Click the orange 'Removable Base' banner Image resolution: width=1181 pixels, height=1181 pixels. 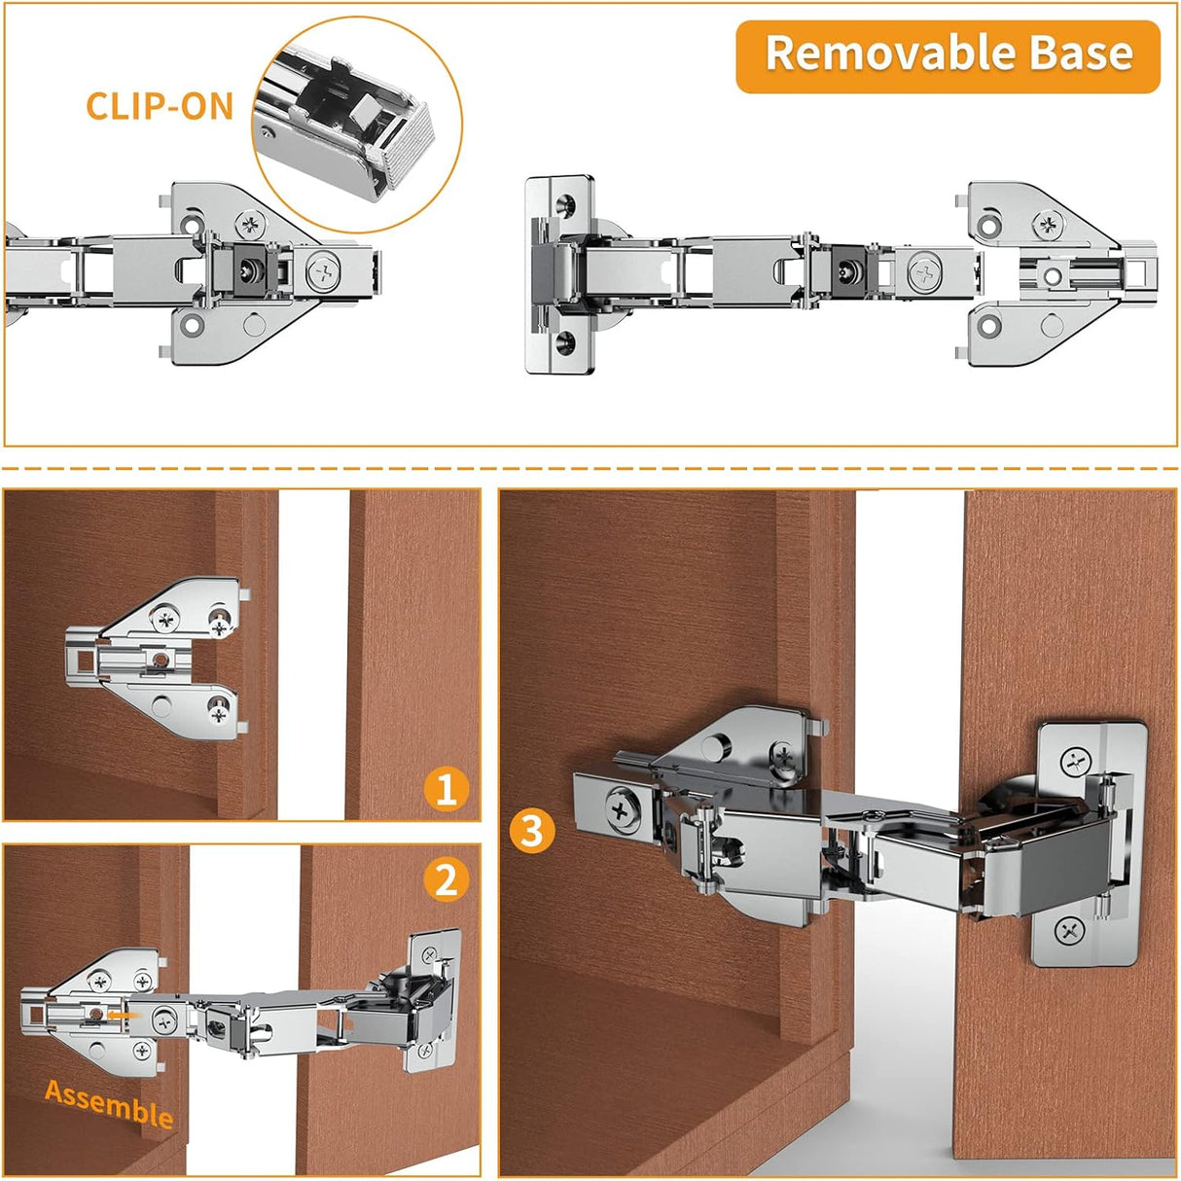point(948,55)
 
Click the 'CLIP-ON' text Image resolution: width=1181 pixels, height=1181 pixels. point(160,106)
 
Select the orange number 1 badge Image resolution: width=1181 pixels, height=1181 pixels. point(447,788)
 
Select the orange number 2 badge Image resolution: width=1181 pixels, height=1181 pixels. point(447,880)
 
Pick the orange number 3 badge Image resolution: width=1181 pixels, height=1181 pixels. point(532,832)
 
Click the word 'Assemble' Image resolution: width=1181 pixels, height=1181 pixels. point(109,1103)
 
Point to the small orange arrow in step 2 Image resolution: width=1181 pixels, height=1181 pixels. point(121,1015)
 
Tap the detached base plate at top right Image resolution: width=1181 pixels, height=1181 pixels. point(1056,273)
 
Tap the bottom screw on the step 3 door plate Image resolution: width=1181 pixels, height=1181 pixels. point(1069,931)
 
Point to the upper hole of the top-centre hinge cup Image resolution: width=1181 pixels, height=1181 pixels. point(565,206)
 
